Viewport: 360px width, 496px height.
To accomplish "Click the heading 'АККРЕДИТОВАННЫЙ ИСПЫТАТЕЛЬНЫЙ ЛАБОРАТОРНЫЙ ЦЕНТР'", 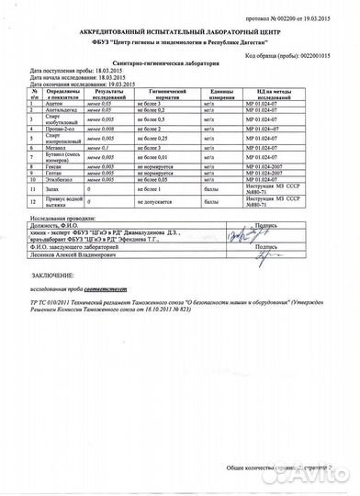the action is pyautogui.click(x=180, y=32).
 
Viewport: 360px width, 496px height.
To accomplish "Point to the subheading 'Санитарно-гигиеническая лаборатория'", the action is pyautogui.click(x=180, y=63).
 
